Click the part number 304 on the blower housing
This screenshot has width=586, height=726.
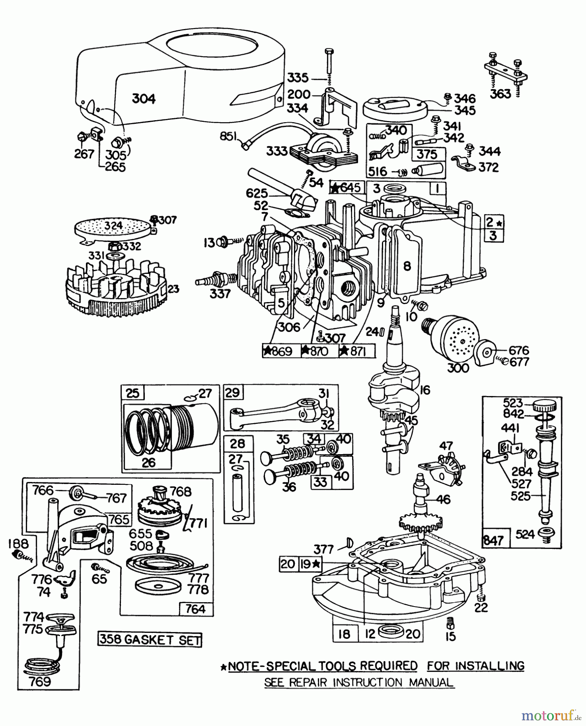pyautogui.click(x=144, y=99)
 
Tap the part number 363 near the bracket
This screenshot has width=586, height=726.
pyautogui.click(x=500, y=94)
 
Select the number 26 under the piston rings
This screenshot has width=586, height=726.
pyautogui.click(x=148, y=462)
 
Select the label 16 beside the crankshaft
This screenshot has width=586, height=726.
pyautogui.click(x=425, y=390)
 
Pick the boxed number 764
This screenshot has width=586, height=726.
pyautogui.click(x=196, y=609)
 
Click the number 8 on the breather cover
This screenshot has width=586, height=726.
pyautogui.click(x=407, y=265)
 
